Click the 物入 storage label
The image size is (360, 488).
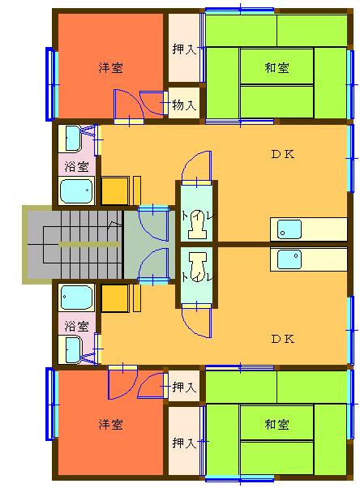(184, 105)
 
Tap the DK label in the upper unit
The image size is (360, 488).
(283, 154)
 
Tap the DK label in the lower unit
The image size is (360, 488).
(283, 339)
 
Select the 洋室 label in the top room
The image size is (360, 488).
(110, 67)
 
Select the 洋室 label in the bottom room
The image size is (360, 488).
(110, 424)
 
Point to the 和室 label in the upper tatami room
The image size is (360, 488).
(276, 67)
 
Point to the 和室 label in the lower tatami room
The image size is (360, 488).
(276, 424)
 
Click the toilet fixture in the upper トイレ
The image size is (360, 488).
(197, 225)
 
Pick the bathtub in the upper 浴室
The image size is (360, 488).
(76, 190)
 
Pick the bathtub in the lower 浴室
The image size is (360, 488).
(76, 298)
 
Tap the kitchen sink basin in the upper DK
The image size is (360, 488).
(289, 229)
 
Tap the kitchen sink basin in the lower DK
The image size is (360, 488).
(289, 259)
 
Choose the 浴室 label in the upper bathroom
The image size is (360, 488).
(76, 166)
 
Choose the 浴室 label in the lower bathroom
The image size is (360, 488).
(76, 326)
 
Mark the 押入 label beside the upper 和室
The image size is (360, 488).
(184, 49)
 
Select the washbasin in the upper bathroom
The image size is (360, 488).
(74, 138)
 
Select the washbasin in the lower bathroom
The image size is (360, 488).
(74, 350)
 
